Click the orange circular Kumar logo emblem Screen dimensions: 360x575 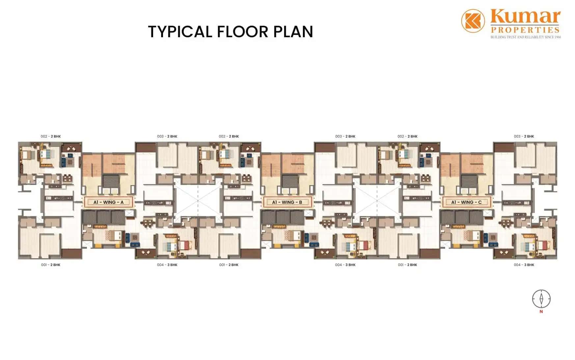(473, 21)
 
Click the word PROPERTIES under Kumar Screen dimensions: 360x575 (525, 30)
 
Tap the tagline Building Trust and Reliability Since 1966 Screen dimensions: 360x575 (526, 37)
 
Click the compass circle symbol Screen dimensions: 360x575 (541, 299)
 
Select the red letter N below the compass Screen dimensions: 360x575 (541, 312)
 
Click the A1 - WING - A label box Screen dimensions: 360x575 (108, 202)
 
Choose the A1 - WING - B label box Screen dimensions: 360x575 (287, 202)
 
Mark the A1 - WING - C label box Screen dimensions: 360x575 (466, 202)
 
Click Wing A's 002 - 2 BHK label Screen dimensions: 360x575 (51, 136)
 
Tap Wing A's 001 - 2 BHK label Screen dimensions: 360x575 (51, 265)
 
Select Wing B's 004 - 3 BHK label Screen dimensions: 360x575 (345, 265)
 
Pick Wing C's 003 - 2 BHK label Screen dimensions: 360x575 (524, 136)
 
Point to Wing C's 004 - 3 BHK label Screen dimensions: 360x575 (524, 265)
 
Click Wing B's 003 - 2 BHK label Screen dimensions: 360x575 (345, 136)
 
